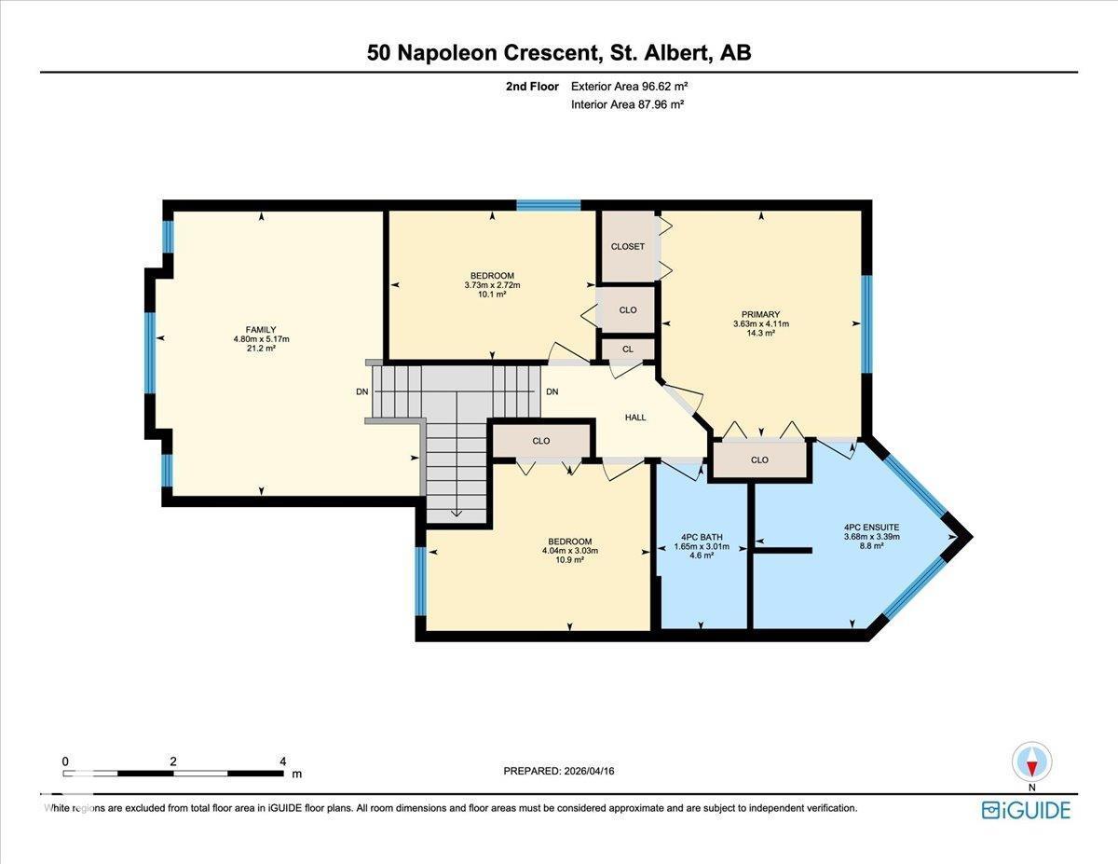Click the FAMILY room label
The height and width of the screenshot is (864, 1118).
pos(261,329)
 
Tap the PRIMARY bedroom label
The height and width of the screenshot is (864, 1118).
pos(760,314)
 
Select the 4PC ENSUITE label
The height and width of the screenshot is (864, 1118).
pos(871,527)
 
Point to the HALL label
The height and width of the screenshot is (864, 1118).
pos(635,417)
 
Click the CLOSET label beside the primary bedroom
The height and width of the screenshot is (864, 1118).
pos(627,247)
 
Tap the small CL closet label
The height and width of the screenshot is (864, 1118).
pos(628,350)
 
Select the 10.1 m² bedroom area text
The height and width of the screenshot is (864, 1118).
pos(492,295)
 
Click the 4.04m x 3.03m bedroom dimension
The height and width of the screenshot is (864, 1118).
pos(569,551)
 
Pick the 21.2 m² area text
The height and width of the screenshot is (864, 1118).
pos(261,349)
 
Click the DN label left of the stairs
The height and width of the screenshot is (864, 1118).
pos(362,391)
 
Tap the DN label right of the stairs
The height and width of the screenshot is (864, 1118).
pos(552,391)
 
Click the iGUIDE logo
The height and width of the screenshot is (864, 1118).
pos(1026,809)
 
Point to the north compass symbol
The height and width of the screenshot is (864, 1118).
pos(1031,761)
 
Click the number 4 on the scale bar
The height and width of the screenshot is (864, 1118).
pos(282,761)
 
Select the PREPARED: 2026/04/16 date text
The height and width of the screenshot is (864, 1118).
pos(560,771)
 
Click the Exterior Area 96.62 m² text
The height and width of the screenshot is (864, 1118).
pos(629,86)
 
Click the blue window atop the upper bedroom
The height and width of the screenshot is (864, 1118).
pos(549,205)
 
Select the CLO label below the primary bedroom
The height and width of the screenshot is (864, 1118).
pos(759,459)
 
